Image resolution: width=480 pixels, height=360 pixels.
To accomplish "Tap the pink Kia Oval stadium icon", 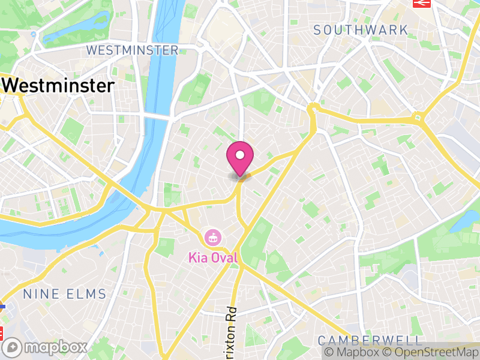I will coord(212,237).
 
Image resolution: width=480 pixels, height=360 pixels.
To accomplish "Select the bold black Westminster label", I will coord(58,86).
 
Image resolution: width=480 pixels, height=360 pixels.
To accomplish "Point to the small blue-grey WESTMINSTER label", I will coord(133,50).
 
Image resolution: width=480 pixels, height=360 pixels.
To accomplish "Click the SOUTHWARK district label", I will coord(361,29).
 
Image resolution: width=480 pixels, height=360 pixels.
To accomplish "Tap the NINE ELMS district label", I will coord(64,294).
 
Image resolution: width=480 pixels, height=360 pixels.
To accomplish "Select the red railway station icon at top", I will coord(422,2).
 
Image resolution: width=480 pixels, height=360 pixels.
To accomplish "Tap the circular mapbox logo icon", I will coord(13,347).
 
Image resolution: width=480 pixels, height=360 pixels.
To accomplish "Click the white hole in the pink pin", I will coord(240,155).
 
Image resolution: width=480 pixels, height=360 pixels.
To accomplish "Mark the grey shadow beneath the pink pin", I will coord(239,176).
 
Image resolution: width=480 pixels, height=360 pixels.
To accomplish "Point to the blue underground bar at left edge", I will coord(2,306).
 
